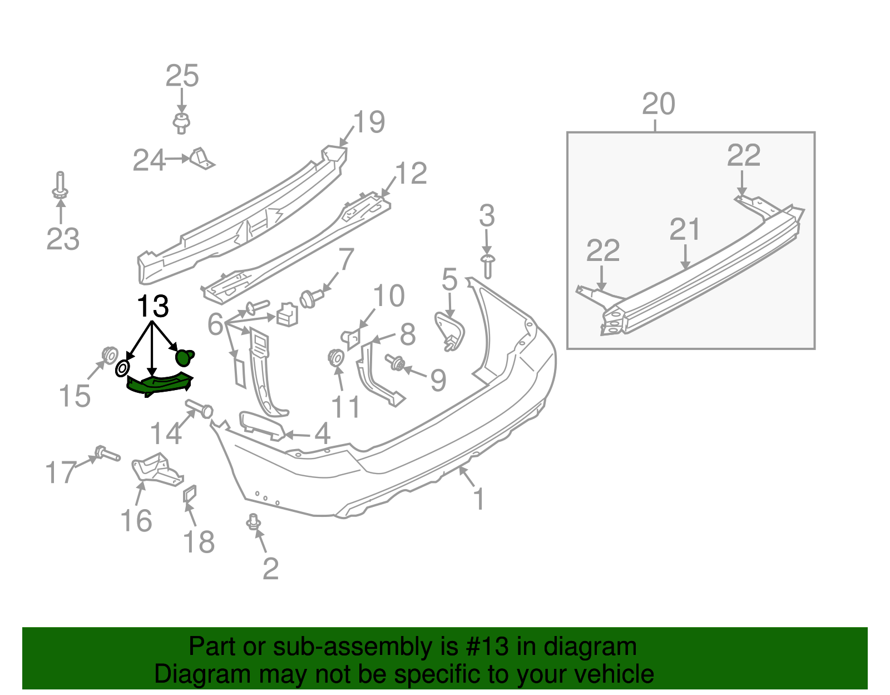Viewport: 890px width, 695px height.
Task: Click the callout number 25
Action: tap(182, 76)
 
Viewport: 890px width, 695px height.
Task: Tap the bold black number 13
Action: tap(152, 307)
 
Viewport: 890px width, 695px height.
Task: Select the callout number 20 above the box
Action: tap(659, 104)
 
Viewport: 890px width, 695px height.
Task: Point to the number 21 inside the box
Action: tap(685, 229)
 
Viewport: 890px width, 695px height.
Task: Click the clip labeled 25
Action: tap(181, 122)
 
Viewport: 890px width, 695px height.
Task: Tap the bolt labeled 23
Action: tap(60, 186)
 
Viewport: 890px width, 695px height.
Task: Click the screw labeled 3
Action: tap(488, 265)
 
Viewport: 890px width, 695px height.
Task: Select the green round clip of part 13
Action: tap(185, 356)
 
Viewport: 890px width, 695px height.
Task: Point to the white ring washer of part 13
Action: tap(122, 368)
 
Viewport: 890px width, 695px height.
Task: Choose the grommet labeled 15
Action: tap(109, 354)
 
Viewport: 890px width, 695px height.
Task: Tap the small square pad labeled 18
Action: tap(190, 493)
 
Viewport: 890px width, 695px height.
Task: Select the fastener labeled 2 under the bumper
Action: tap(254, 521)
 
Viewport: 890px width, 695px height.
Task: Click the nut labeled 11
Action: tap(336, 357)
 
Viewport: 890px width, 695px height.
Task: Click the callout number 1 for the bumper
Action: tap(478, 499)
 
